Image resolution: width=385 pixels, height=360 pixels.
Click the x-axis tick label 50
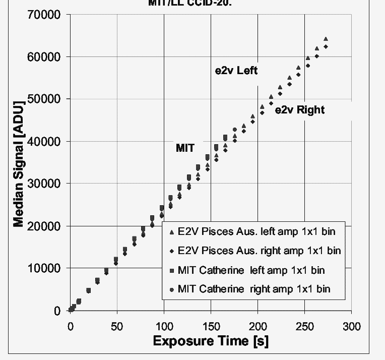tap(117, 327)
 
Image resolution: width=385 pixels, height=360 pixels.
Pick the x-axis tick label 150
tap(211, 327)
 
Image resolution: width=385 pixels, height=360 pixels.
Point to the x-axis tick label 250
tap(304, 327)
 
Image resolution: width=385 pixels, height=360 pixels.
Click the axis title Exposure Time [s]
tap(211, 341)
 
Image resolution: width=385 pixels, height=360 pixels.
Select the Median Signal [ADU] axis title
tap(18, 163)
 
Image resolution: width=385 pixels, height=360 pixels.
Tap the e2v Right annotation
tap(299, 110)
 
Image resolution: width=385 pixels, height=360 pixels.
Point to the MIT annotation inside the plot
tap(185, 148)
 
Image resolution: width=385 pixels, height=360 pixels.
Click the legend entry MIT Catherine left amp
tap(251, 270)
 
